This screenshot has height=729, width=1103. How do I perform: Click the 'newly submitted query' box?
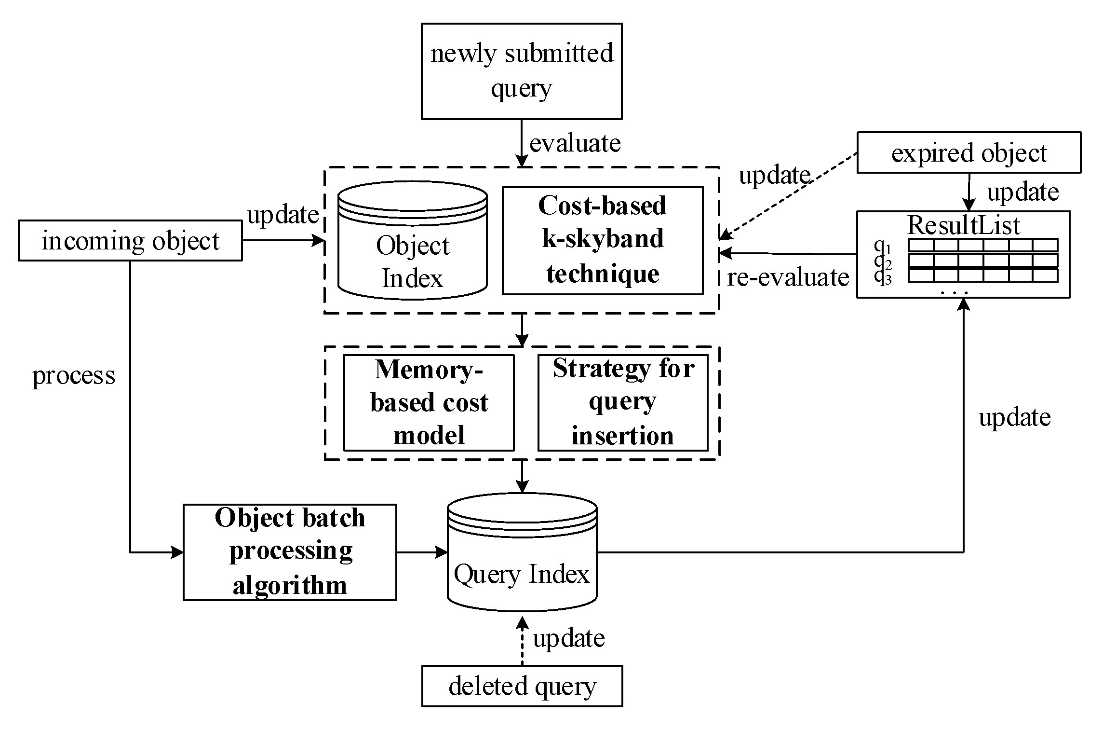click(x=522, y=71)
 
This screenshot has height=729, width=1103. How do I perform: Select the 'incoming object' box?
click(x=130, y=241)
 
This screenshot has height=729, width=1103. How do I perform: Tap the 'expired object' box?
click(x=968, y=153)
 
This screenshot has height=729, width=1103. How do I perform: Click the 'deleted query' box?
click(x=522, y=686)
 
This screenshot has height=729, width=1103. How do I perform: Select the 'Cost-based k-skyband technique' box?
click(x=603, y=240)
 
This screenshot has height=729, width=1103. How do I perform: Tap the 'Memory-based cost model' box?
click(x=429, y=402)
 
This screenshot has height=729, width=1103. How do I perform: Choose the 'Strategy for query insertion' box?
click(x=623, y=402)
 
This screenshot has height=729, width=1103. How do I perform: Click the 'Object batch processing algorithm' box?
click(x=290, y=552)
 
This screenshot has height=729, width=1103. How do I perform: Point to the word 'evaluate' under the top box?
click(x=575, y=143)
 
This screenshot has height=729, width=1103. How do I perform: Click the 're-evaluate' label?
click(x=788, y=277)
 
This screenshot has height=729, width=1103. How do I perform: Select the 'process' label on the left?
click(x=74, y=375)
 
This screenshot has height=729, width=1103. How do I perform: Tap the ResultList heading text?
click(x=963, y=225)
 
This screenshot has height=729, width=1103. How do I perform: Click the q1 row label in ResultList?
click(x=883, y=246)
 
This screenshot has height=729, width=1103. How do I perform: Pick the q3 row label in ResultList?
click(x=883, y=277)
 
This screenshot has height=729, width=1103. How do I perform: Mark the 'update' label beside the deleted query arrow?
click(x=568, y=638)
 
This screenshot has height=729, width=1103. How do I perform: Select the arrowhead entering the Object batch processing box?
click(x=178, y=552)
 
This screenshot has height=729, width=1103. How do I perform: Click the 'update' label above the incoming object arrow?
click(x=282, y=215)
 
